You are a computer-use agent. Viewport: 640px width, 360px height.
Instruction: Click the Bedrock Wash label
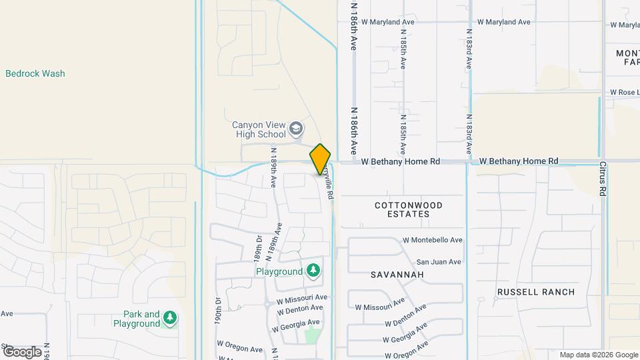[x=35, y=73]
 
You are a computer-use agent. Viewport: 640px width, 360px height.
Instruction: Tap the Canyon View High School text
[x=259, y=129]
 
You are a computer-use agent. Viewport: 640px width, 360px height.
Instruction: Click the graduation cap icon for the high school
[x=296, y=129]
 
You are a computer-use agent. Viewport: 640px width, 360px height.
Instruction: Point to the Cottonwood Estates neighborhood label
[x=409, y=209]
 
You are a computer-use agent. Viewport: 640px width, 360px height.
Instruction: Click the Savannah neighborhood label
[x=397, y=275]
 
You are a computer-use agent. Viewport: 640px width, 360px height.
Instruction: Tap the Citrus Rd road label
[x=602, y=177]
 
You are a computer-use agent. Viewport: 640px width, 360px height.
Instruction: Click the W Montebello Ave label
[x=433, y=240]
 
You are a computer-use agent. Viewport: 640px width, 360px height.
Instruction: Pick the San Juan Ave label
[x=438, y=262]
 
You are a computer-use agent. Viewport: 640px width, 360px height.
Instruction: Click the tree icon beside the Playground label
[x=313, y=271]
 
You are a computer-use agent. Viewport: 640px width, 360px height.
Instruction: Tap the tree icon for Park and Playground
[x=171, y=318]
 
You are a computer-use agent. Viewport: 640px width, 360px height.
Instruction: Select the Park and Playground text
[x=141, y=319]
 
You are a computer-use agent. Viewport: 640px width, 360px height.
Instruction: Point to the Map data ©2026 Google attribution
[x=598, y=355]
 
